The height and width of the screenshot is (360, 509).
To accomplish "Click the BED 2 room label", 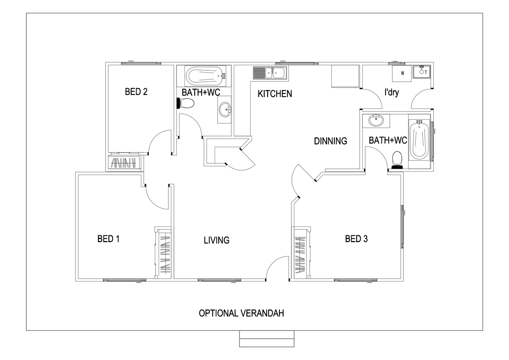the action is [136, 92].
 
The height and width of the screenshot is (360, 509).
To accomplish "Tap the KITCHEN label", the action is [275, 94].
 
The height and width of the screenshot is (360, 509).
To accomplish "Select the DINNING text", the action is [330, 141].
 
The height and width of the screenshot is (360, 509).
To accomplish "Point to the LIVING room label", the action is [216, 240].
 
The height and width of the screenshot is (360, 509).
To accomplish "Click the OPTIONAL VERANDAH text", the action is [241, 313].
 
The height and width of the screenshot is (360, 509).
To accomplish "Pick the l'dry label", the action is [392, 92].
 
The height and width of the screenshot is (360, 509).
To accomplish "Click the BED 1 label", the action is [109, 239].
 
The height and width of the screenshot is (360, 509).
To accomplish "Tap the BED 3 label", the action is [356, 239].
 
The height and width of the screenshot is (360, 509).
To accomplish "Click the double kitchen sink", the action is [270, 73].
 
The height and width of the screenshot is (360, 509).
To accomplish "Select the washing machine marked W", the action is [402, 73].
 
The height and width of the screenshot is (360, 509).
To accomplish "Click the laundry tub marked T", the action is [422, 72].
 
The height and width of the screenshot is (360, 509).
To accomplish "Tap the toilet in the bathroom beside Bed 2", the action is [185, 103].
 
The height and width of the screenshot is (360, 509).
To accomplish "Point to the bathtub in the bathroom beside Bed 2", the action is [206, 76].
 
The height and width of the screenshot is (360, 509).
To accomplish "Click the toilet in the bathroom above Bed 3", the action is [397, 160].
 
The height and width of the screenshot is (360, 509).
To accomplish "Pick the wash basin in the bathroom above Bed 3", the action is [376, 120].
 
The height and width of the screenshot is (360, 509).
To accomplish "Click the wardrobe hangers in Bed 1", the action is [165, 254].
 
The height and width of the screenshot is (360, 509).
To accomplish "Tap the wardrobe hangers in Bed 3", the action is [300, 255].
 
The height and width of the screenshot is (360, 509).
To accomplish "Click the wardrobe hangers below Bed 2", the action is [123, 163].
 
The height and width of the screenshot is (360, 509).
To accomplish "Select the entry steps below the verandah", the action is [267, 339].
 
